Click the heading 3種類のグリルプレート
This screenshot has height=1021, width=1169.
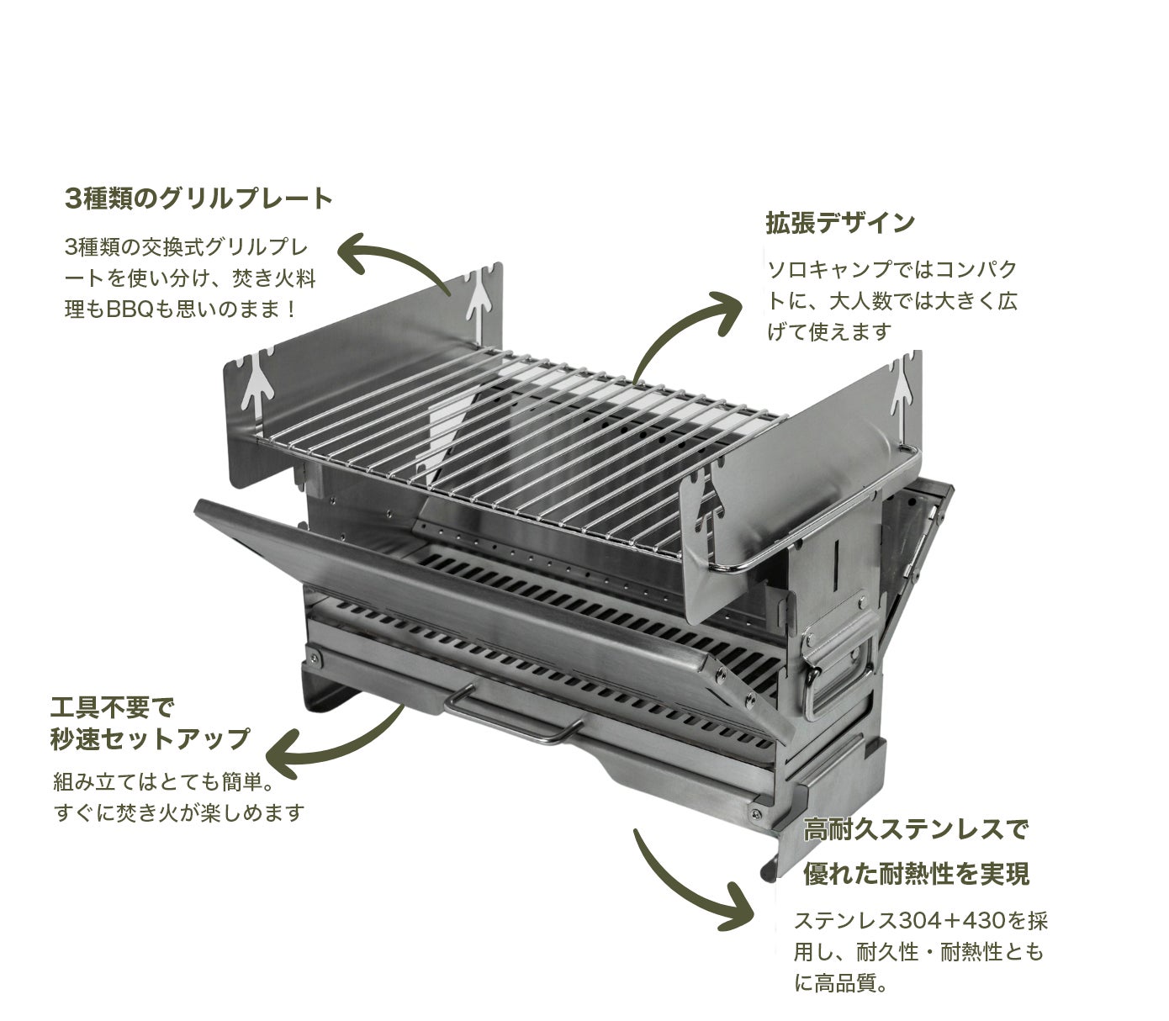click(198, 199)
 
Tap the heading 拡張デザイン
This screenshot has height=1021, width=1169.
click(839, 223)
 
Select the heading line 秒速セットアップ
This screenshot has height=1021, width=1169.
click(151, 738)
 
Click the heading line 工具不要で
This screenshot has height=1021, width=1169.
click(116, 705)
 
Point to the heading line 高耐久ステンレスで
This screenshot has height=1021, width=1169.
click(916, 830)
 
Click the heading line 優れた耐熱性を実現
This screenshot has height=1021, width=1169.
click(916, 875)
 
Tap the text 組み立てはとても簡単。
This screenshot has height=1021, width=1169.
click(161, 783)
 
